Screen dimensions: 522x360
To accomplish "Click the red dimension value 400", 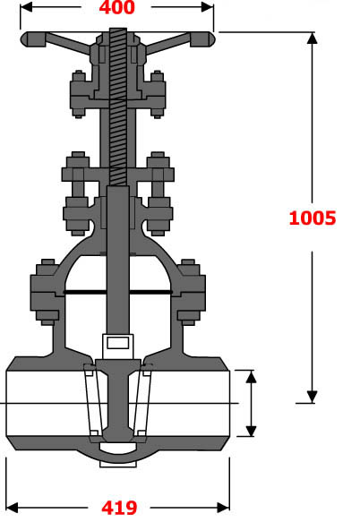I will click(118, 9).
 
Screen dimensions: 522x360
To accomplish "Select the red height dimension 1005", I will click(313, 217).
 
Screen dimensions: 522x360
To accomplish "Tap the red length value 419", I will click(118, 508).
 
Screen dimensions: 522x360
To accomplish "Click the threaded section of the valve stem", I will click(118, 107).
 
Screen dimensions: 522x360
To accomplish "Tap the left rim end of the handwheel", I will click(30, 39).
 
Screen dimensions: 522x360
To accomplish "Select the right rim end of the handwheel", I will click(207, 39).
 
